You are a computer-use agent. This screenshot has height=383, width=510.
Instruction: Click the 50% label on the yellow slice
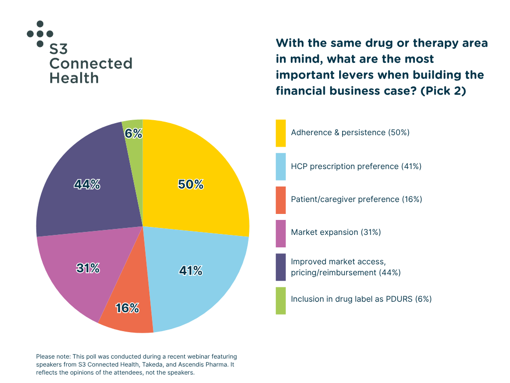point(191,185)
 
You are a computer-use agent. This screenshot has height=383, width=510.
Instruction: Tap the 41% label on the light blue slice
point(190,271)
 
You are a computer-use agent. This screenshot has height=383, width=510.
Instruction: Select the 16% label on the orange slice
point(127,308)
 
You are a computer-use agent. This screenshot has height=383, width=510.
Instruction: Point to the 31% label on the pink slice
point(88,268)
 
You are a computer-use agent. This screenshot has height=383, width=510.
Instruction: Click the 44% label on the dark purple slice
point(87,185)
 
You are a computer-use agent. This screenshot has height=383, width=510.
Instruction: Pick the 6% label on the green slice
point(133,134)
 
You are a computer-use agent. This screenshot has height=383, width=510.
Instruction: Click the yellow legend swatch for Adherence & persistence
point(281,133)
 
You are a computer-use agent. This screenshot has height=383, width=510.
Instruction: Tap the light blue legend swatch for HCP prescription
point(281,167)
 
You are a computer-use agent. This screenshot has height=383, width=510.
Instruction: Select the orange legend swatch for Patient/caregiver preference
point(281,199)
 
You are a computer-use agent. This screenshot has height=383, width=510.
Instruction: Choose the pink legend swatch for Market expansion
point(281,233)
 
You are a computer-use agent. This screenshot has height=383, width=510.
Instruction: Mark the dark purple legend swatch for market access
point(281,267)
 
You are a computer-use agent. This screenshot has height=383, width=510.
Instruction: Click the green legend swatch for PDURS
point(281,300)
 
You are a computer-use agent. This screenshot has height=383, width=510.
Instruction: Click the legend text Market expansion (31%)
point(336,232)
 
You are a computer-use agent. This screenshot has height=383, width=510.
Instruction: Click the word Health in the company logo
point(74,78)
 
